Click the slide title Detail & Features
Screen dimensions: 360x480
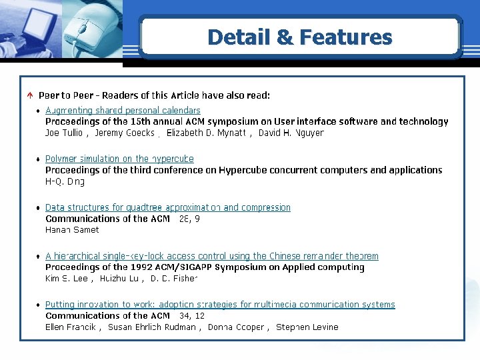299,37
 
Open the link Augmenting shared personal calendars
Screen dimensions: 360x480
123,111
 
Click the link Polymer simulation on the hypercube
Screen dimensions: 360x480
119,159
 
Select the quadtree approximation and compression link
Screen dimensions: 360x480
168,208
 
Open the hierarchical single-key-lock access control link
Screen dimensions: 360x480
211,256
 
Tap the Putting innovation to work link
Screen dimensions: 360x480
220,305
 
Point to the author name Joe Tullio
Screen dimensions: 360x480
65,133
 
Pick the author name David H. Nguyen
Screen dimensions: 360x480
291,133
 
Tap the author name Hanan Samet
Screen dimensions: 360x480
72,230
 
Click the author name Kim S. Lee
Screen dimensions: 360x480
66,278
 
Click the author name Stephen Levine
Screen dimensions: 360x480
307,327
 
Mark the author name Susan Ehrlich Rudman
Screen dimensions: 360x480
152,327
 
